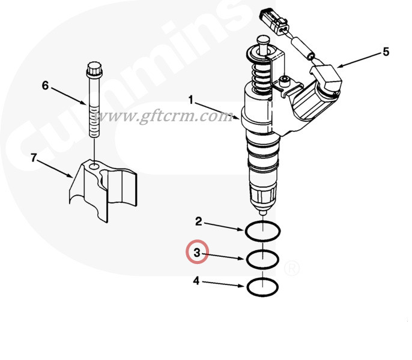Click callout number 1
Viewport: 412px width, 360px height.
pyautogui.click(x=192, y=98)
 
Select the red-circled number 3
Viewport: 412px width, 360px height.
pyautogui.click(x=197, y=253)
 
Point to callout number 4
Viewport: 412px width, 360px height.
pyautogui.click(x=196, y=280)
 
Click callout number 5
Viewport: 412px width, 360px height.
pyautogui.click(x=386, y=52)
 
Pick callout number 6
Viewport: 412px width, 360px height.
pyautogui.click(x=45, y=85)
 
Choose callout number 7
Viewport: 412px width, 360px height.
pyautogui.click(x=34, y=158)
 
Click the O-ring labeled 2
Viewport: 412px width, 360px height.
pyautogui.click(x=262, y=229)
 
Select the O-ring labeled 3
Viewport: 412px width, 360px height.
pyautogui.click(x=262, y=259)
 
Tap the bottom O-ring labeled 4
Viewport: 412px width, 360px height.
pyautogui.click(x=262, y=287)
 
